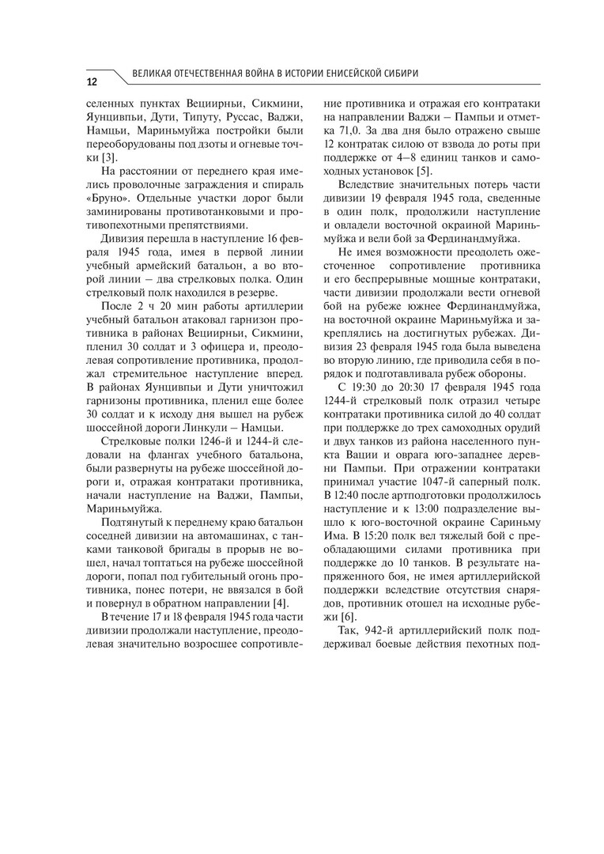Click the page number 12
coord(92,81)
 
